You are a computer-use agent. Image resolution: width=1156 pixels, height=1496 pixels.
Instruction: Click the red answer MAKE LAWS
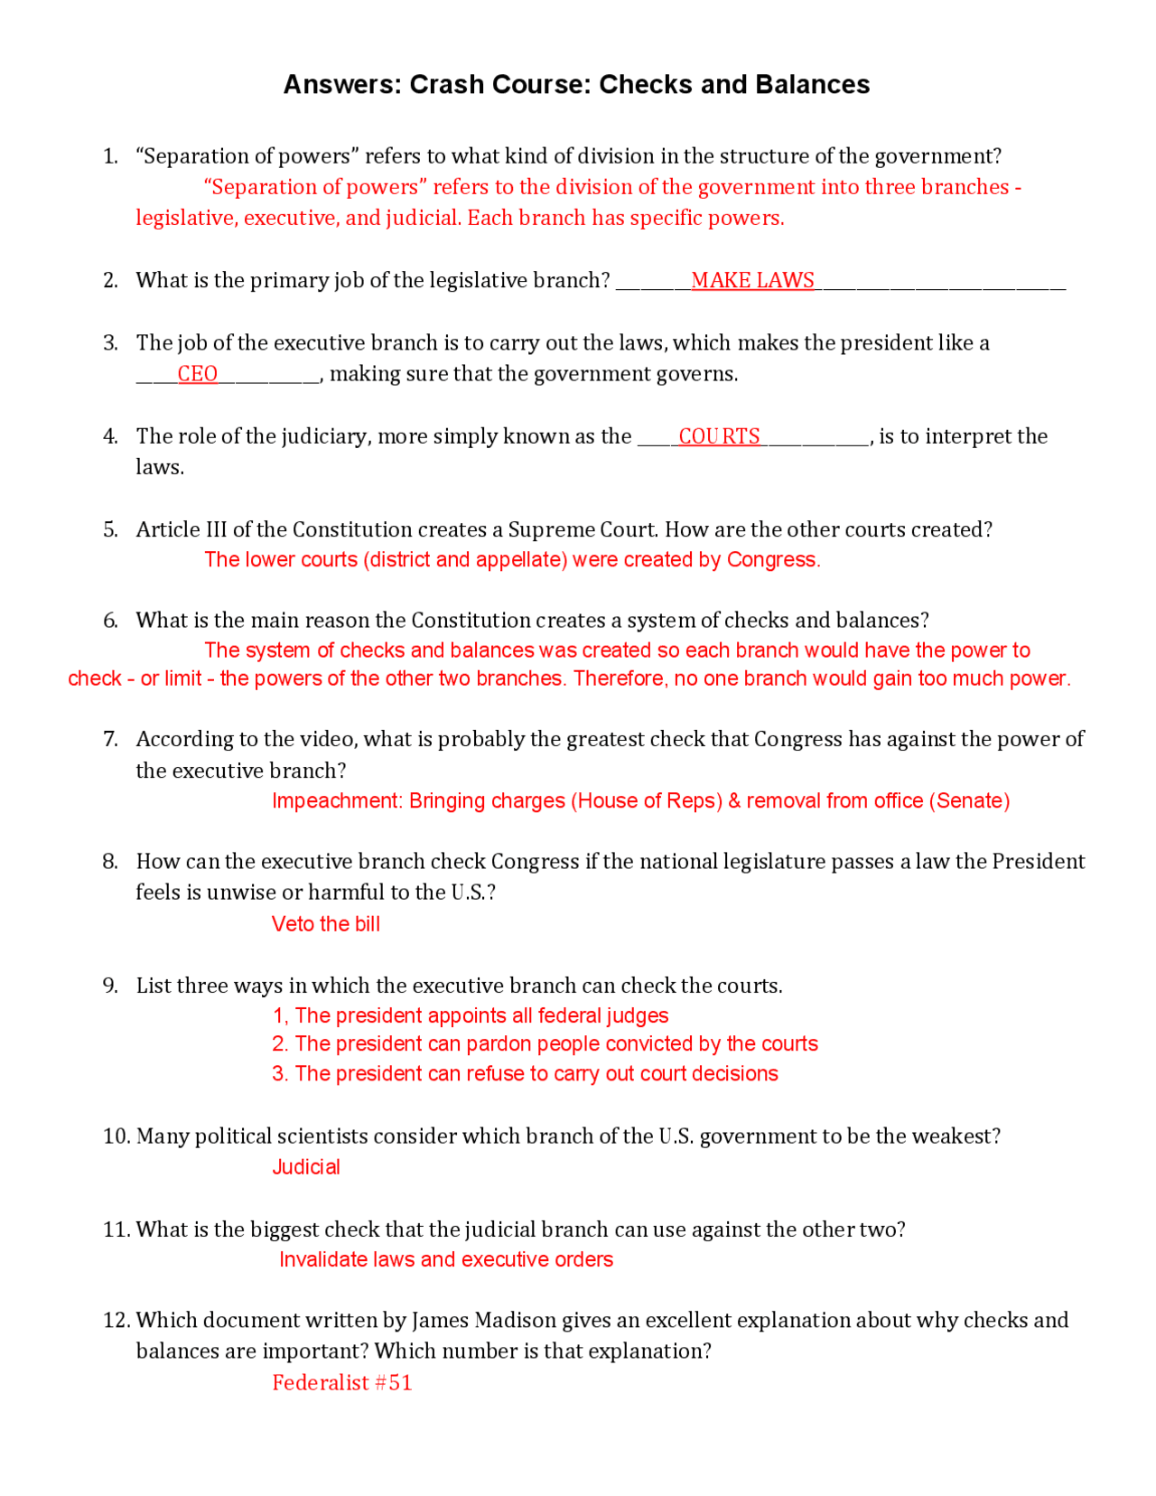[752, 281]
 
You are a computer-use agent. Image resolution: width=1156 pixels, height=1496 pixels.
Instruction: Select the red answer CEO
[197, 374]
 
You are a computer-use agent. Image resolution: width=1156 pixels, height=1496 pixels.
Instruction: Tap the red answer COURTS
[719, 436]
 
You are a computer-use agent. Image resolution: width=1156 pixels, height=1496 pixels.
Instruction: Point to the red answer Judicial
[306, 1167]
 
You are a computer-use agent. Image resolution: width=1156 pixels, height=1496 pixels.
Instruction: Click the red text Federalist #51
[341, 1383]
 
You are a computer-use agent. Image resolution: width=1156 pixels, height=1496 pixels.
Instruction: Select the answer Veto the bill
[325, 924]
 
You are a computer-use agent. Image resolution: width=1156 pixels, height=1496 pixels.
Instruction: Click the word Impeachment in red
[336, 801]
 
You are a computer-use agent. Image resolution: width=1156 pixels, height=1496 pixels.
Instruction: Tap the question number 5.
[110, 530]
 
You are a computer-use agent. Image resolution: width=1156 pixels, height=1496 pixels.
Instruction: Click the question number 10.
[117, 1136]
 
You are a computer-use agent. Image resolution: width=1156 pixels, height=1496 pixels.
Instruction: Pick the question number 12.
[117, 1321]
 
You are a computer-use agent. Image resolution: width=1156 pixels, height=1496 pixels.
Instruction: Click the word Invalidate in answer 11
[322, 1260]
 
